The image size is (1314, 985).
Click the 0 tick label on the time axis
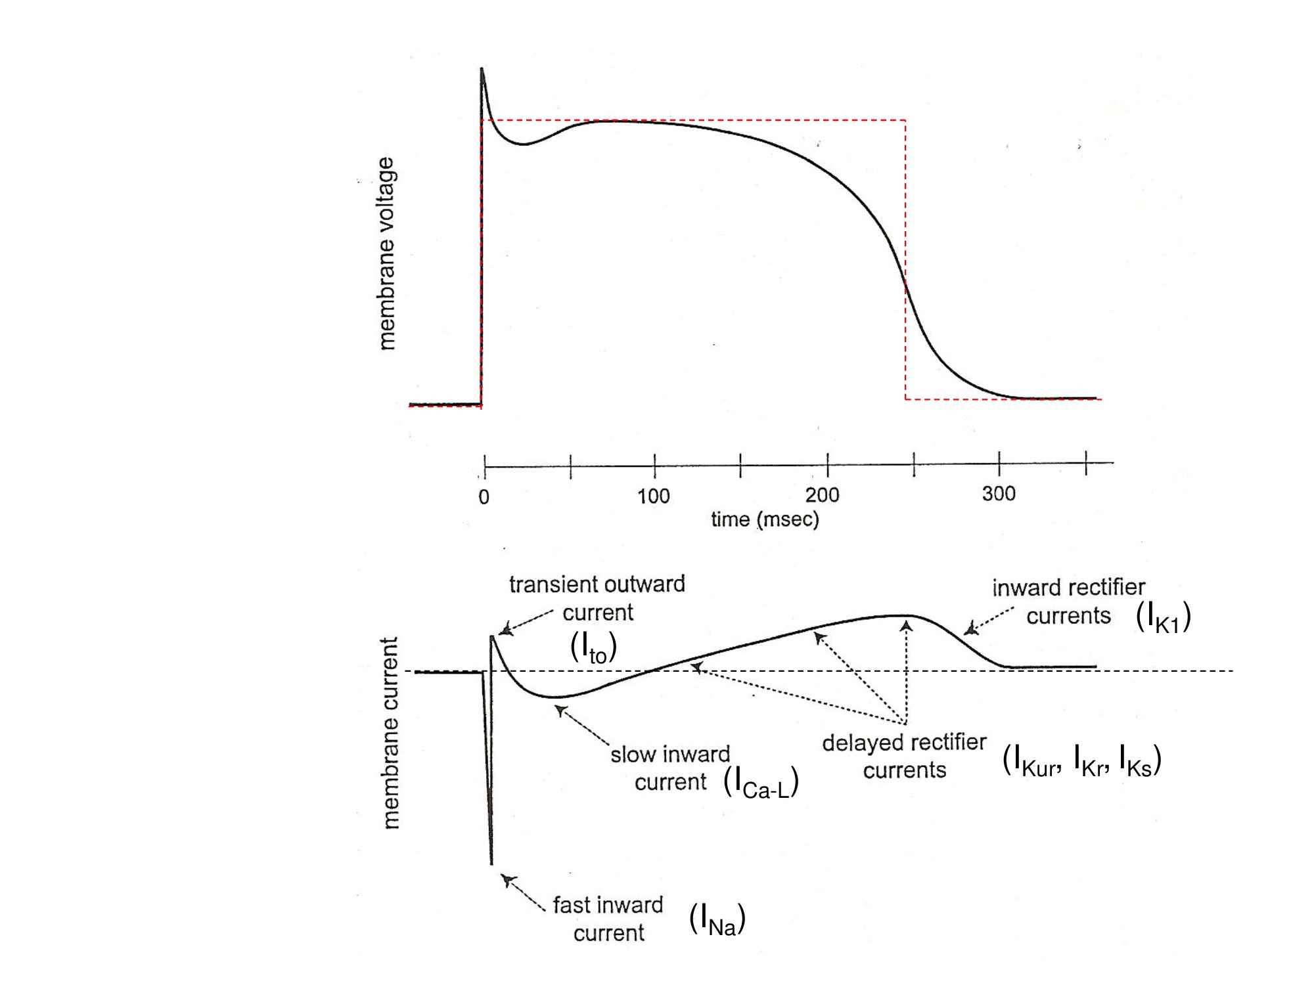tap(484, 497)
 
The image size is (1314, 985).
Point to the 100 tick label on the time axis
tap(654, 496)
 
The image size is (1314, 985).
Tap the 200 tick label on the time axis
tap(823, 494)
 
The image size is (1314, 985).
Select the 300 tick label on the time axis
tap(999, 493)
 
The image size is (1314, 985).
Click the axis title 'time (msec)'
tap(765, 519)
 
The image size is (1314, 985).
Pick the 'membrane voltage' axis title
tap(387, 253)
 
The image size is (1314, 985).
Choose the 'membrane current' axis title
tap(390, 733)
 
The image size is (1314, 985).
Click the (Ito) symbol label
tap(593, 648)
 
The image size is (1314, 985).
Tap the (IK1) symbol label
tap(1164, 618)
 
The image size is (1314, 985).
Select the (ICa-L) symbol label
tap(761, 783)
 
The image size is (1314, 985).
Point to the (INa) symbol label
tap(717, 919)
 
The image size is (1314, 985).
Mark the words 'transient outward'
tap(597, 584)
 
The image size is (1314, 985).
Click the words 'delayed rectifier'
tap(904, 743)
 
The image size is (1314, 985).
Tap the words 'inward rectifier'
tap(1068, 588)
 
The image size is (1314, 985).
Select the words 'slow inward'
tap(670, 755)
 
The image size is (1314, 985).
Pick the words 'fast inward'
tap(608, 905)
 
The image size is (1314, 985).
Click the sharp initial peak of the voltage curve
tap(482, 69)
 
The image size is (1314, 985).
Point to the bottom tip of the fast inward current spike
tap(491, 863)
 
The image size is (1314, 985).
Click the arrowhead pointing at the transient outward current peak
tap(505, 630)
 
